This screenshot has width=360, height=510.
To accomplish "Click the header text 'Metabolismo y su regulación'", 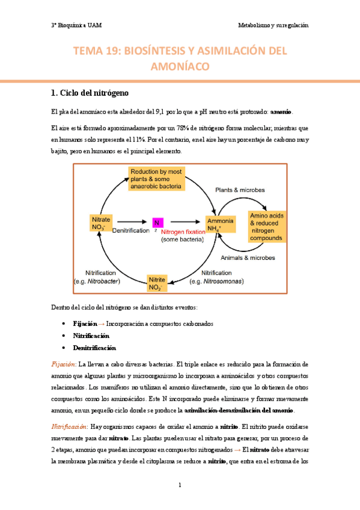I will [x=273, y=25].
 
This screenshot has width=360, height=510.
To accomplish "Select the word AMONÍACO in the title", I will [x=180, y=67].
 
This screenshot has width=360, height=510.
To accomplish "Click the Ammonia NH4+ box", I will [x=220, y=225].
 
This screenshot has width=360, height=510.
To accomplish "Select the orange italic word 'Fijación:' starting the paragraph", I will [x=62, y=364].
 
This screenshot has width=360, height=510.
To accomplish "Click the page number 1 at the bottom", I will [x=180, y=485].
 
